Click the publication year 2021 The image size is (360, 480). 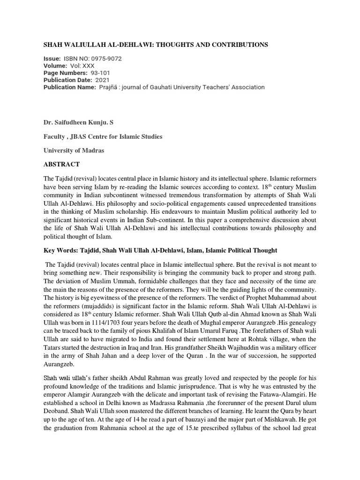coord(103,80)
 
